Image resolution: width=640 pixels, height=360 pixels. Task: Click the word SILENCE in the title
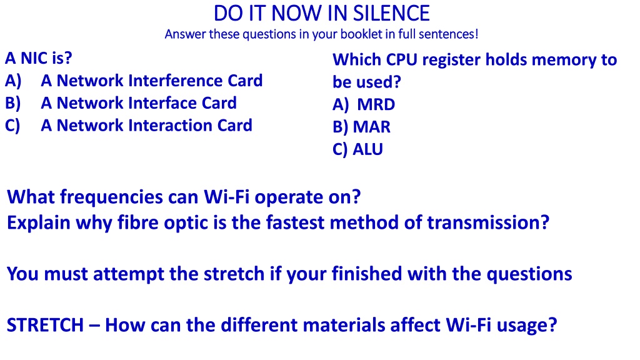point(391,14)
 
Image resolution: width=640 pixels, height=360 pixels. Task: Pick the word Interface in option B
point(162,103)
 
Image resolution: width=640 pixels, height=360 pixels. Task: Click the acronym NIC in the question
point(35,58)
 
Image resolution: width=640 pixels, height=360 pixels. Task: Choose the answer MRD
point(376,104)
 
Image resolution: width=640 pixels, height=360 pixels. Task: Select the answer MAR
point(371,127)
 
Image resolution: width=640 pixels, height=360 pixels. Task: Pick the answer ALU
point(367,149)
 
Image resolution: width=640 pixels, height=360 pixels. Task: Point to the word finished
point(366,274)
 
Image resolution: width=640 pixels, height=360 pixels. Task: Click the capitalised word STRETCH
point(45,325)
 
